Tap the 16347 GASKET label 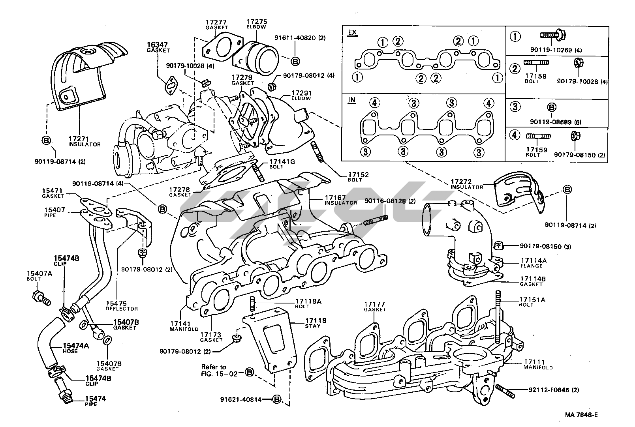click(158, 47)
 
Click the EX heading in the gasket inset click(352, 32)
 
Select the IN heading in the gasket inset click(351, 100)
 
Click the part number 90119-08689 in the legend click(550, 122)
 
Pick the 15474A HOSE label click(76, 348)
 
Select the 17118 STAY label click(316, 323)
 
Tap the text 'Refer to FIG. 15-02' click(220, 370)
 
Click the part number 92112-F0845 click(553, 390)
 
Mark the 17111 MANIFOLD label click(538, 364)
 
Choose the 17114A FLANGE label click(533, 263)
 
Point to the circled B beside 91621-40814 click(276, 399)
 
